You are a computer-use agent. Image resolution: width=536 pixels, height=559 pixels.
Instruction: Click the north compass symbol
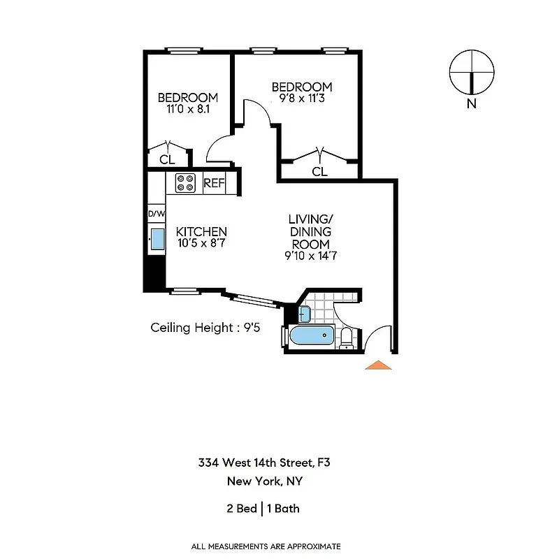pos(472,73)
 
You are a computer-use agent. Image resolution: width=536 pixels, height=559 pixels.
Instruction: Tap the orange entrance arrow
pos(377,365)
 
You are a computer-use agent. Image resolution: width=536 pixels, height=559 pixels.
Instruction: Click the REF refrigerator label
pos(214,184)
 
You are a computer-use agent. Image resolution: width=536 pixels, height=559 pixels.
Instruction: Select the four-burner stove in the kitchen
pos(186,183)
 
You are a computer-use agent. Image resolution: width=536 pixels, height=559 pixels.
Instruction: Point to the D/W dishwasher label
pos(156,214)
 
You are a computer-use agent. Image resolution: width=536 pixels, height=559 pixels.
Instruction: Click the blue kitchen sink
pos(157,239)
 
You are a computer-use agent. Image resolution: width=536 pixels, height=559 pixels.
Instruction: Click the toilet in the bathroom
pos(347,338)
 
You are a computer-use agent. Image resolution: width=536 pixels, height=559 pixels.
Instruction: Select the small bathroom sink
pos(306,312)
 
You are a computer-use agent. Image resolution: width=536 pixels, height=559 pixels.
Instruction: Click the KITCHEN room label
pos(201,232)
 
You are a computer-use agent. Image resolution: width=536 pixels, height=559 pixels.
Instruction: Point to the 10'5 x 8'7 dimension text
pos(201,244)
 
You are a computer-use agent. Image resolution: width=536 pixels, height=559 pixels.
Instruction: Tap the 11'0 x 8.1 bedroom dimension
pos(187,109)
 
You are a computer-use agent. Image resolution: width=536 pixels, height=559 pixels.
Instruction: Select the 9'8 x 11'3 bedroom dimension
pos(302,99)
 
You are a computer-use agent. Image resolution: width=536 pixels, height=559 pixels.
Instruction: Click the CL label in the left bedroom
pos(166,159)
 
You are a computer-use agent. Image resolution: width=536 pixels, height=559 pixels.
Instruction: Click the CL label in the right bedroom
pos(319,171)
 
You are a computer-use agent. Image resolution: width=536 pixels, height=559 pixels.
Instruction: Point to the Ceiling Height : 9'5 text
pos(205,327)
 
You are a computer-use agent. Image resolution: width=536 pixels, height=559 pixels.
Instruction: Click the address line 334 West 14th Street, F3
pos(264,463)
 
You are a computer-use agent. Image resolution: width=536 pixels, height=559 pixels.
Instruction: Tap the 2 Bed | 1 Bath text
pos(263,508)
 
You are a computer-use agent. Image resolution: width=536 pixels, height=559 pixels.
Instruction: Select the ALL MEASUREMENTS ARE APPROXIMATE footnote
pos(266,546)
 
